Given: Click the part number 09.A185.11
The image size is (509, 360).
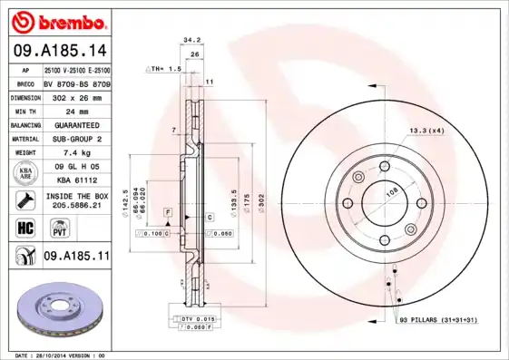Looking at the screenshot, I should [x=76, y=258].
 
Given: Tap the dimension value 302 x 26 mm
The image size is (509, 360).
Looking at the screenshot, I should [x=75, y=95].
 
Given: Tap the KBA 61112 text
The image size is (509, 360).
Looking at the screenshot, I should [x=75, y=180].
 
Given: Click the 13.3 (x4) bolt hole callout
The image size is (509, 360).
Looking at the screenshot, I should [x=427, y=131].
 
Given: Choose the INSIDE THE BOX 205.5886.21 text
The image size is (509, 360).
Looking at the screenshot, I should [x=75, y=200].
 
